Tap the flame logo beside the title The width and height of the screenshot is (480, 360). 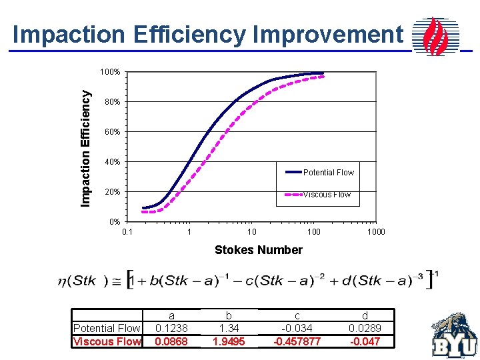point(435,36)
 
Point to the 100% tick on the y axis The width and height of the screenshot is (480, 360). point(110,72)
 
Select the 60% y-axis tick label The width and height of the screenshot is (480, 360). point(112,132)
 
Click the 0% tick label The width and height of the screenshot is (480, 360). point(114,222)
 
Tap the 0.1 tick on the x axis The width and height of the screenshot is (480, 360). point(127,232)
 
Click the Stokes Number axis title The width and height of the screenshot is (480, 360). point(258,250)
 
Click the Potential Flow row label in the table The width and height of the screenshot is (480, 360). point(107,328)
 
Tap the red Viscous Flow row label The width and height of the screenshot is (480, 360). point(107,341)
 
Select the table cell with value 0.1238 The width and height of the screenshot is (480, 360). point(171,328)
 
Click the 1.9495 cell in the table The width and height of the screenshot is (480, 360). point(229,341)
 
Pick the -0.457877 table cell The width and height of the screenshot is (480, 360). point(297,341)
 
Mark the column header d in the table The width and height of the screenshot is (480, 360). point(364,315)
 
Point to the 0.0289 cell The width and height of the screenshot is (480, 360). point(364,328)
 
